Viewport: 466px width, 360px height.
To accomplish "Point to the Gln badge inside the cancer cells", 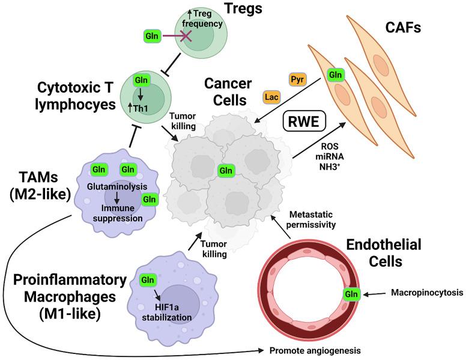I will [x=226, y=170].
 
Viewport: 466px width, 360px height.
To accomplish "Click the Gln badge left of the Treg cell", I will [x=150, y=37].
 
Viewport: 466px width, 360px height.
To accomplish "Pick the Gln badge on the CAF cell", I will [x=336, y=76].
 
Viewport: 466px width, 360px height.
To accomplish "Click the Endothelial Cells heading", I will [x=385, y=252].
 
